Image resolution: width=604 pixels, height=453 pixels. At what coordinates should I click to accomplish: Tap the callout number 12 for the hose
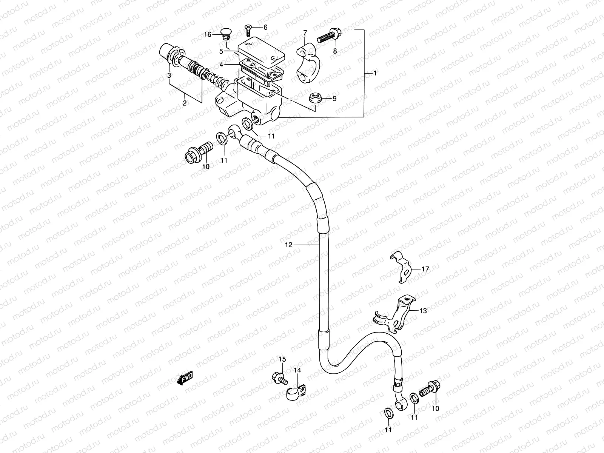(x=288, y=245)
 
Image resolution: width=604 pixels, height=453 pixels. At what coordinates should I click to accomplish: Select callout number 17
(x=425, y=269)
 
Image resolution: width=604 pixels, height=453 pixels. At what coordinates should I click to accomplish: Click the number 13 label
(x=423, y=311)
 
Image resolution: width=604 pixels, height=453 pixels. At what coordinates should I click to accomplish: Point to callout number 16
(x=208, y=34)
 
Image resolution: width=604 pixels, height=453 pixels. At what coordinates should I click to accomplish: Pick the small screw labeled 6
(x=248, y=30)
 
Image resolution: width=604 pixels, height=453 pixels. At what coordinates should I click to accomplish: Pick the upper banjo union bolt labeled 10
(x=199, y=153)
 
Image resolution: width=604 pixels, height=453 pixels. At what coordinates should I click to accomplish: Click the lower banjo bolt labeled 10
(x=430, y=388)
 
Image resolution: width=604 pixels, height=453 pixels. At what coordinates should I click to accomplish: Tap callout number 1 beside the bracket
(x=375, y=73)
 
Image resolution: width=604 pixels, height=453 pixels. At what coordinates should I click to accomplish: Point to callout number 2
(x=184, y=103)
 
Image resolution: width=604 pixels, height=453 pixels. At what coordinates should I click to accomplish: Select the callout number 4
(x=221, y=65)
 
